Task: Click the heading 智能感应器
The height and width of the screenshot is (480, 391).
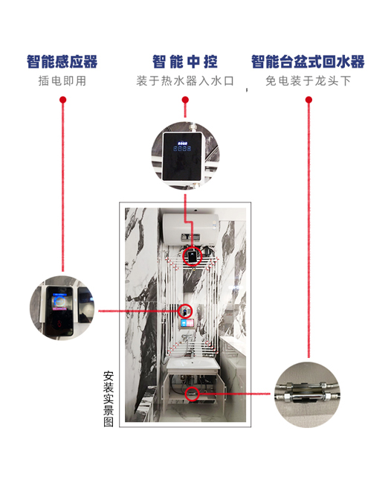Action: click(x=62, y=62)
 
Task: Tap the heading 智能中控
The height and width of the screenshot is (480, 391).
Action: click(x=185, y=62)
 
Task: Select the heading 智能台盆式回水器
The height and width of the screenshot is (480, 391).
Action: click(x=308, y=62)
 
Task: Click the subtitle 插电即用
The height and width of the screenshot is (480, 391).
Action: click(x=62, y=81)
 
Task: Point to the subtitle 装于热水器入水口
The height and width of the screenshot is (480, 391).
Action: click(x=185, y=81)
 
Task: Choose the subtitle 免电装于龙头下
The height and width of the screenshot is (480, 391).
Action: click(x=308, y=81)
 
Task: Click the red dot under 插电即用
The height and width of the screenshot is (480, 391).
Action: click(x=63, y=100)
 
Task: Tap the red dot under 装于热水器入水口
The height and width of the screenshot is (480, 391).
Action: click(x=185, y=100)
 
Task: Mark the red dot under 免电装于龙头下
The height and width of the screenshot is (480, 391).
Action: click(x=308, y=100)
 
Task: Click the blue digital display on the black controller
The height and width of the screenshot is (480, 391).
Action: click(x=182, y=147)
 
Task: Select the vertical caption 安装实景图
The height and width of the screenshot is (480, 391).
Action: click(x=109, y=399)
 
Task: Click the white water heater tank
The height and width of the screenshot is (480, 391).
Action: click(x=190, y=229)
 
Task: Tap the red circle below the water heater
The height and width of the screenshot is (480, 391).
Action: click(x=193, y=256)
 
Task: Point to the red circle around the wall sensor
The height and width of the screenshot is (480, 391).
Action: click(x=186, y=311)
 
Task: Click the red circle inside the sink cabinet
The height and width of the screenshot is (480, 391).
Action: click(x=192, y=394)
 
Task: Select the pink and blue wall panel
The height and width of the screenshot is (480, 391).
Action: click(x=187, y=323)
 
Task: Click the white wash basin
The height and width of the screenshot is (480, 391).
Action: click(x=193, y=365)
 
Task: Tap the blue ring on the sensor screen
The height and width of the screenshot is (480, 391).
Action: click(x=59, y=301)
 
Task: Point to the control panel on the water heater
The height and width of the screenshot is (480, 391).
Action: click(x=190, y=237)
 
